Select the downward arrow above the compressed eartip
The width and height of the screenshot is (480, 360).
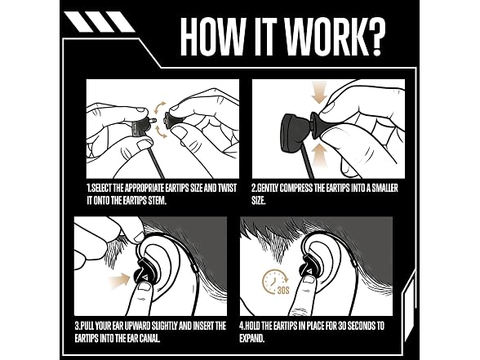point(318,91)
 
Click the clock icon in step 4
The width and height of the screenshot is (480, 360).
point(274,281)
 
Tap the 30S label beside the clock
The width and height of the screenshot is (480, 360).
point(283,290)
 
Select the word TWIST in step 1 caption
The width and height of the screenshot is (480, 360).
point(227,188)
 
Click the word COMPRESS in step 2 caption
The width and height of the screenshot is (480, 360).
point(296,188)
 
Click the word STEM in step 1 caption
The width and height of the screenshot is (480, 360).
point(157,201)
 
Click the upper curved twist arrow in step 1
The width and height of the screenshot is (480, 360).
point(159,108)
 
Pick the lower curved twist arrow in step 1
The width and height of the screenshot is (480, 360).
point(162,131)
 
